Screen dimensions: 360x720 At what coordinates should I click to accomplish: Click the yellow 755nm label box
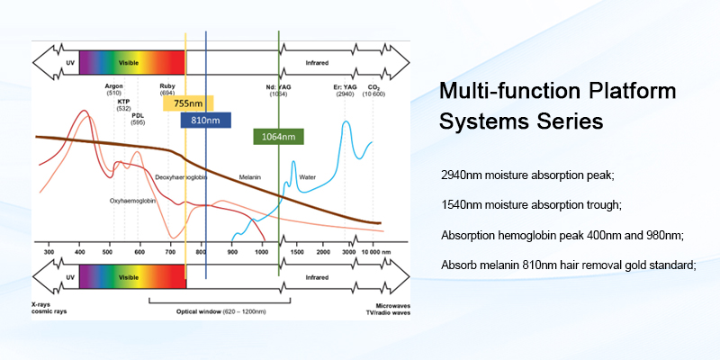(188, 103)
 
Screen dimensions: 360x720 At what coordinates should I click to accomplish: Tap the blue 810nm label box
(206, 120)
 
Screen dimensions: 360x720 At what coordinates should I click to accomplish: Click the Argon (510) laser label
(114, 89)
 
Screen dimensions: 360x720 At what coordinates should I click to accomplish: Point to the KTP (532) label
(123, 104)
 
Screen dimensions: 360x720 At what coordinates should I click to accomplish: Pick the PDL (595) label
(138, 119)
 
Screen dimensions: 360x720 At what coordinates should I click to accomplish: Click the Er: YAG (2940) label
(345, 89)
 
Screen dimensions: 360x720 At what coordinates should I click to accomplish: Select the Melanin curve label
(249, 177)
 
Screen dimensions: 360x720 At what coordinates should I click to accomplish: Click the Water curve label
(307, 177)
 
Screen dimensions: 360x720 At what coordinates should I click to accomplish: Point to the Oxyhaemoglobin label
(133, 201)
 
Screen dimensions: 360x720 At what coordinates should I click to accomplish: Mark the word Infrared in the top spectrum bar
(317, 64)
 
